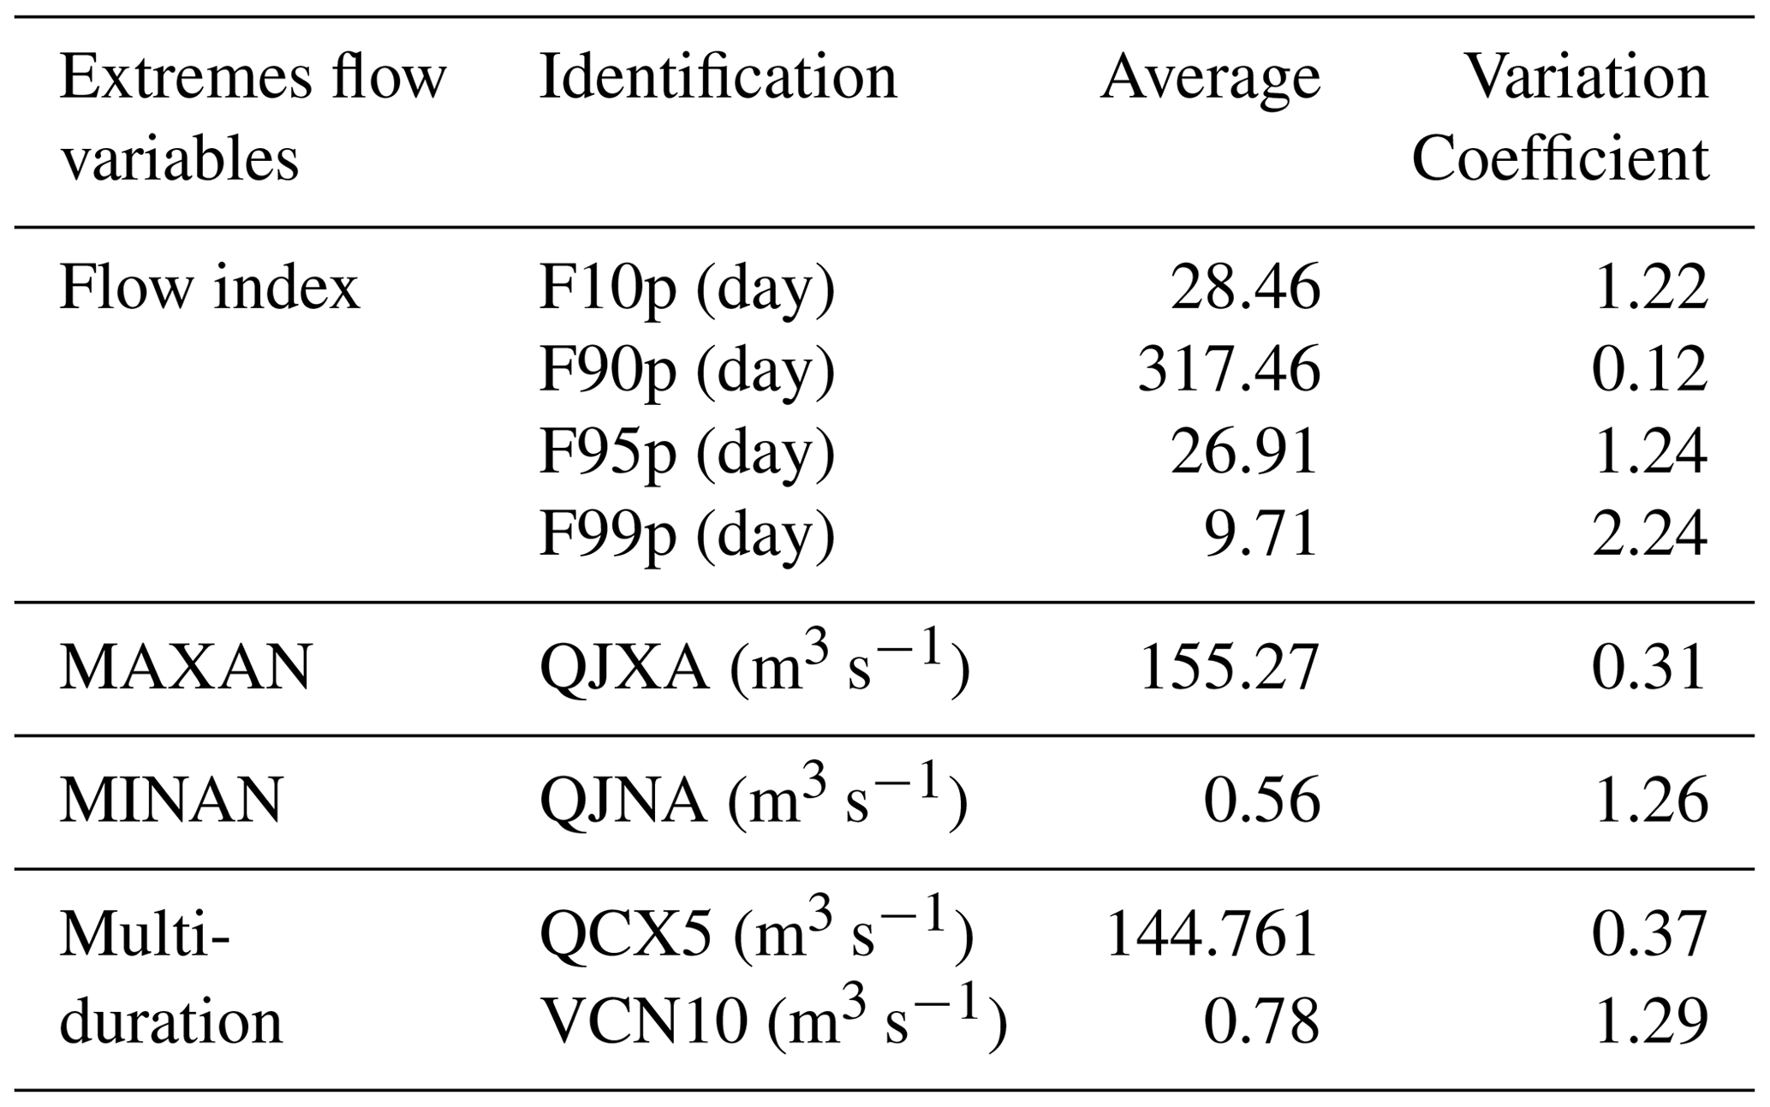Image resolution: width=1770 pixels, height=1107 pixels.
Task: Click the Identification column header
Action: click(x=718, y=78)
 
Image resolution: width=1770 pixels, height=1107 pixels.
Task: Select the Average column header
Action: click(x=1210, y=78)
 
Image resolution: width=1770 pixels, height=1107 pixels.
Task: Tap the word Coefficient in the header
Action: click(x=1559, y=158)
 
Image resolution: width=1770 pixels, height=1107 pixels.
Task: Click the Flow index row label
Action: click(x=209, y=288)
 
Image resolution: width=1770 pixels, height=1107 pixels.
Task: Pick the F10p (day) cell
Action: click(x=687, y=288)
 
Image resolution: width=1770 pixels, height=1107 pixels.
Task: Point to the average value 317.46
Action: click(x=1229, y=370)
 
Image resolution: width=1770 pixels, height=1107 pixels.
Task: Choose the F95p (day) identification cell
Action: click(x=687, y=452)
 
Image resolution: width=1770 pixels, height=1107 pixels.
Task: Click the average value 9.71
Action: click(x=1261, y=534)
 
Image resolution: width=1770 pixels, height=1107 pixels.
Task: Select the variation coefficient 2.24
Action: click(x=1649, y=534)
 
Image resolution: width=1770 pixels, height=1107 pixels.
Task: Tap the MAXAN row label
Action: click(x=185, y=668)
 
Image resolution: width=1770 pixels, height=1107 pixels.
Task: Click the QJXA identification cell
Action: click(x=754, y=668)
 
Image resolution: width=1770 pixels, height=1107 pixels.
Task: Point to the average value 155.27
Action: click(x=1229, y=668)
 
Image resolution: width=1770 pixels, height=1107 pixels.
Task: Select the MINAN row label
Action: click(x=170, y=801)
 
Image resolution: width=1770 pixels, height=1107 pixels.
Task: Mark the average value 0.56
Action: click(x=1261, y=801)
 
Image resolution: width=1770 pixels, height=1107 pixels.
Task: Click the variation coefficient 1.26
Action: click(x=1649, y=801)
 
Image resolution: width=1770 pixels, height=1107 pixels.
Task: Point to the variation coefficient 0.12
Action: click(x=1649, y=370)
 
